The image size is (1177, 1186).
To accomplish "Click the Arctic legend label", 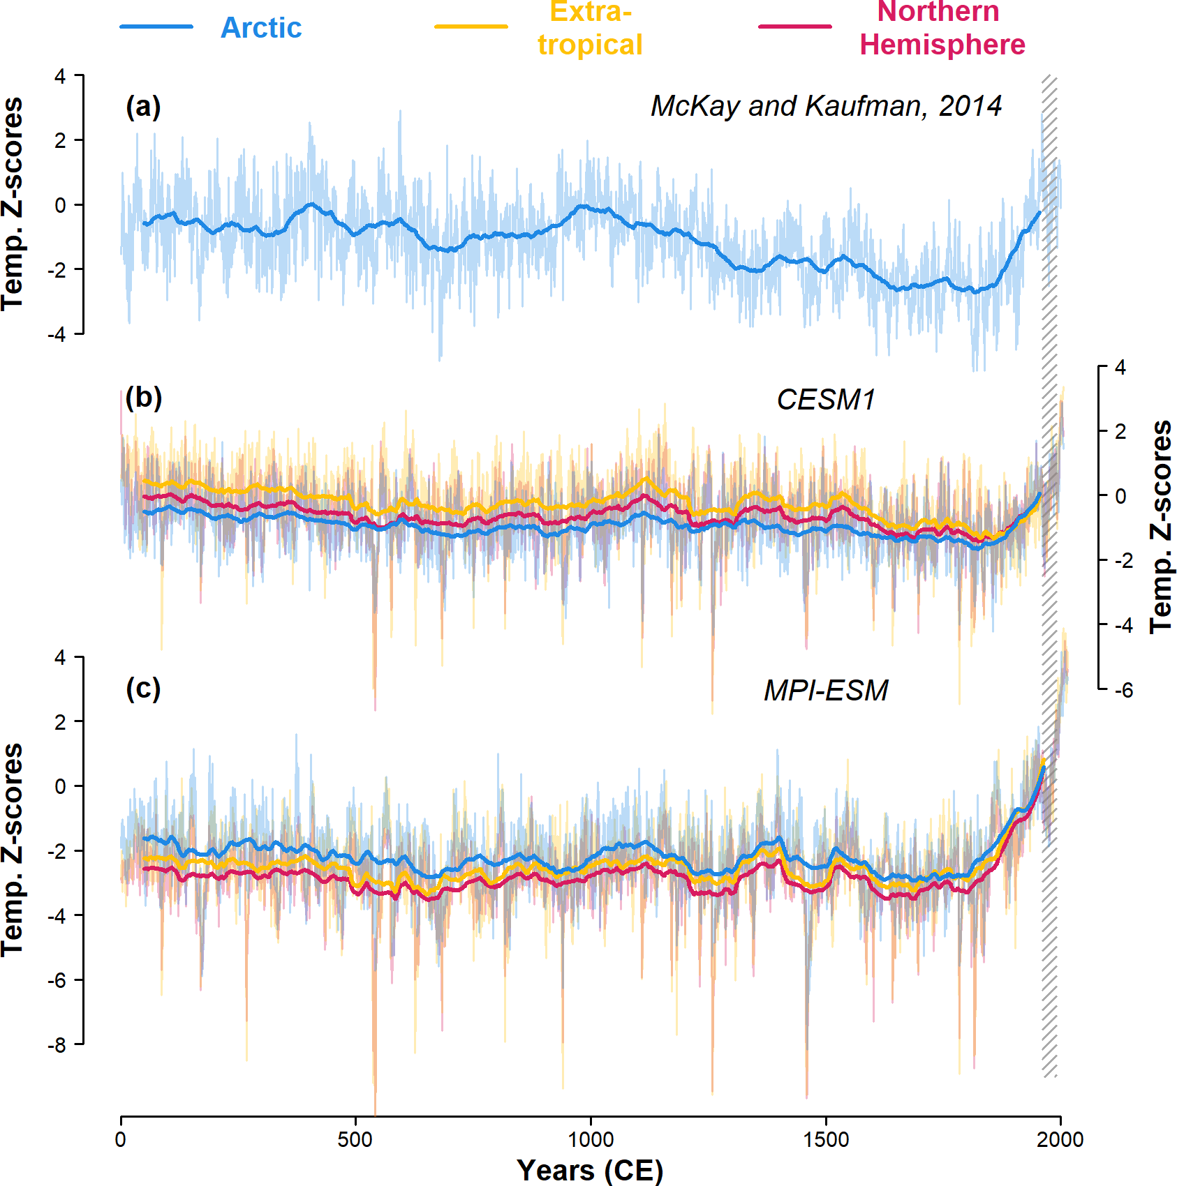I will click(x=261, y=28).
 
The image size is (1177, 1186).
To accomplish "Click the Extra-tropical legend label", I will click(x=590, y=29).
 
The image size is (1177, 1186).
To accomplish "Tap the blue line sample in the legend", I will click(x=156, y=27).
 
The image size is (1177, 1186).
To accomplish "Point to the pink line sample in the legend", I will click(x=795, y=27).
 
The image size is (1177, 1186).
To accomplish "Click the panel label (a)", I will click(x=143, y=107).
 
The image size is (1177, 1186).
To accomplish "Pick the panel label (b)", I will click(x=143, y=398).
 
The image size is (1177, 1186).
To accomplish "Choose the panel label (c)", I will click(x=143, y=689).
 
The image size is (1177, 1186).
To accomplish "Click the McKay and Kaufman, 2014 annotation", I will click(x=826, y=106).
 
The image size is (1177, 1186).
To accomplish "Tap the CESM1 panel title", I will click(x=826, y=400).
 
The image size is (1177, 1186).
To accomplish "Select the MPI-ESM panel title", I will click(x=826, y=691).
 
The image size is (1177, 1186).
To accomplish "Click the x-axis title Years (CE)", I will click(x=590, y=1170).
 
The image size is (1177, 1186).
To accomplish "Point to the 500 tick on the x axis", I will click(x=356, y=1140).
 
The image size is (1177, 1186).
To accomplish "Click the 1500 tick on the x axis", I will click(x=826, y=1140).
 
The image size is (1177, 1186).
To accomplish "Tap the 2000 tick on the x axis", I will click(x=1060, y=1140).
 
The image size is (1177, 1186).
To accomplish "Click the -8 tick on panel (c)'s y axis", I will click(x=57, y=1045).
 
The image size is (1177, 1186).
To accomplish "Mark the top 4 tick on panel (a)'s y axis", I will click(x=61, y=75).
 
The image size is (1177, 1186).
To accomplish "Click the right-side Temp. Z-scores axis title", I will click(x=1161, y=527).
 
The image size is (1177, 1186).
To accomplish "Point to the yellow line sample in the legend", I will click(x=471, y=27).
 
